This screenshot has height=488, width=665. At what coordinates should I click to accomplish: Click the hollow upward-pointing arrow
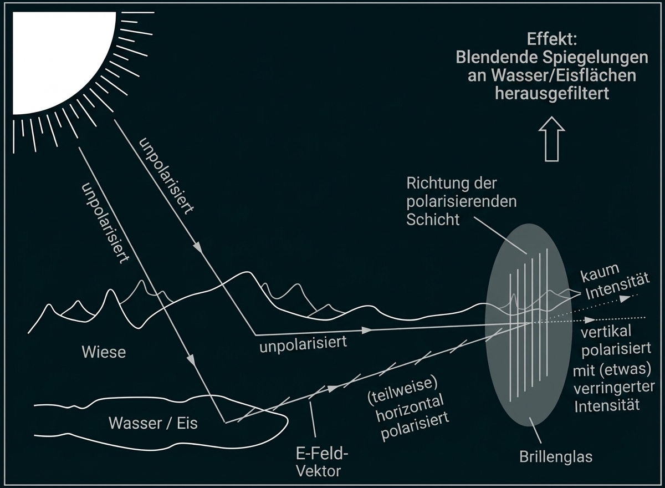click(551, 141)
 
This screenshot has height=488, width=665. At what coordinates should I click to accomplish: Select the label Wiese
click(104, 352)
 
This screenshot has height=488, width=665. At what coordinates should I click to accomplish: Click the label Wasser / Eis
click(153, 423)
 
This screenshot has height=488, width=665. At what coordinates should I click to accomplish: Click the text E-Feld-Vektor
click(319, 463)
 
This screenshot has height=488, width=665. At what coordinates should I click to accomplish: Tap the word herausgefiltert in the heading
click(551, 94)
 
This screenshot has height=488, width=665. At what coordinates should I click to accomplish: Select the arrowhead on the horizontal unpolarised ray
click(365, 330)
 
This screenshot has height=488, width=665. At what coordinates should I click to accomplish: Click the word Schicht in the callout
click(433, 220)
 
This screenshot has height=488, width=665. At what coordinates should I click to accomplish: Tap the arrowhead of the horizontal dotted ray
click(591, 320)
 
